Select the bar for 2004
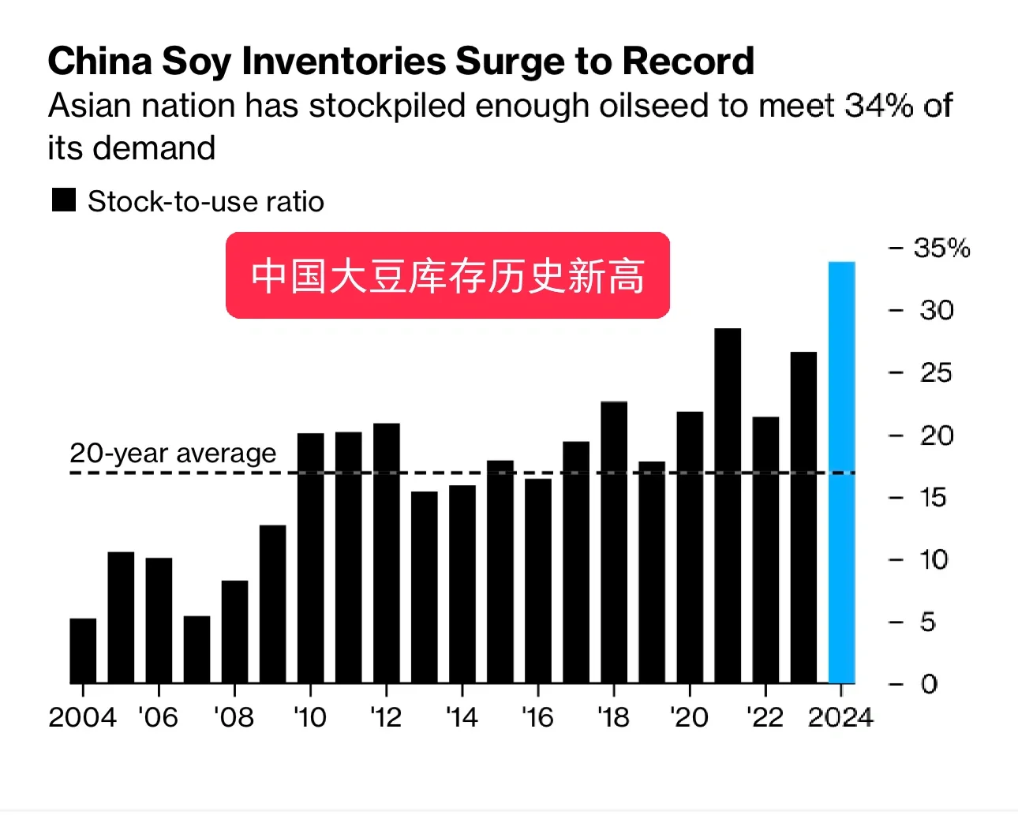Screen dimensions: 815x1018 click(83, 651)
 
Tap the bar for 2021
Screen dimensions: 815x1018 click(728, 505)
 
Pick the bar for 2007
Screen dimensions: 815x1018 click(196, 649)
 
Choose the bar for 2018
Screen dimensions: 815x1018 click(614, 542)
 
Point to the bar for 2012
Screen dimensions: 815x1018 click(387, 553)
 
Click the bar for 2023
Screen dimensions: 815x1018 click(803, 517)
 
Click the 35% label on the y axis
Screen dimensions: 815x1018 click(941, 248)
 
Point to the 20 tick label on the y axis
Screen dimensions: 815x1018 click(937, 436)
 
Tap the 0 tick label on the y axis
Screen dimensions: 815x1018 click(929, 684)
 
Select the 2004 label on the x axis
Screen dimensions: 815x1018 click(82, 717)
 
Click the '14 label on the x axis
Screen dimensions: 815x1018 click(462, 717)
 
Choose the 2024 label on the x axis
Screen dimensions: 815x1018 click(840, 717)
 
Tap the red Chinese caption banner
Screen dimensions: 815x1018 click(447, 275)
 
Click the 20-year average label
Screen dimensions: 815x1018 click(173, 453)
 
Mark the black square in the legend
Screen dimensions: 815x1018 click(64, 200)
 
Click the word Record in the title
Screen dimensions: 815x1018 click(688, 61)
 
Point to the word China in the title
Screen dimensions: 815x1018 click(100, 61)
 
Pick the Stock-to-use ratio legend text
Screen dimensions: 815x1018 click(205, 201)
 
